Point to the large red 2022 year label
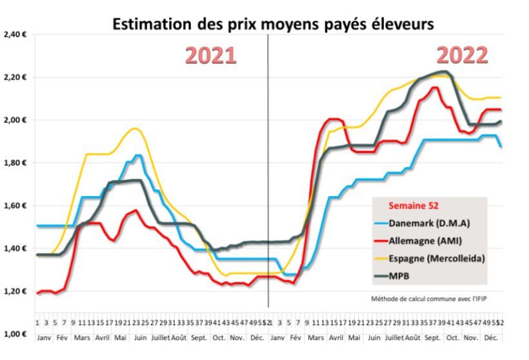(x=462, y=55)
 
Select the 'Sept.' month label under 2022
(x=432, y=337)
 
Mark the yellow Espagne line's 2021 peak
(x=134, y=128)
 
